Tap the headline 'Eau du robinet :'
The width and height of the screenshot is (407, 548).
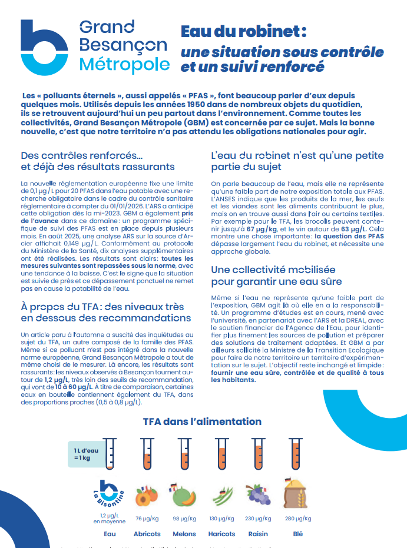click(x=243, y=31)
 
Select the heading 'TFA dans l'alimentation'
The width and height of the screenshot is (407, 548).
click(x=202, y=421)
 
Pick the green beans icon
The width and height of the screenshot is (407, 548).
click(x=221, y=496)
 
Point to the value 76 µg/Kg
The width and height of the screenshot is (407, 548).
click(x=147, y=519)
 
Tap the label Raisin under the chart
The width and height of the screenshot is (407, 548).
click(x=257, y=534)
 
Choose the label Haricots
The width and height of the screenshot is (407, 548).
click(x=221, y=534)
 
